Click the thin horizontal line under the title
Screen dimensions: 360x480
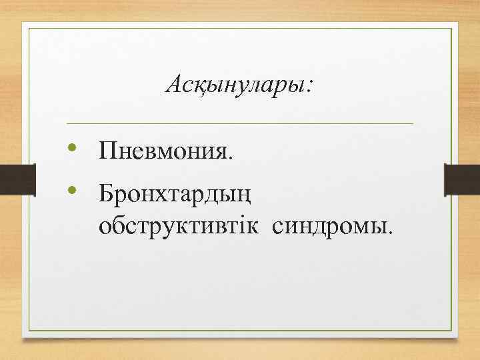240,124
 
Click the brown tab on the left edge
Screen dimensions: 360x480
12,180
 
